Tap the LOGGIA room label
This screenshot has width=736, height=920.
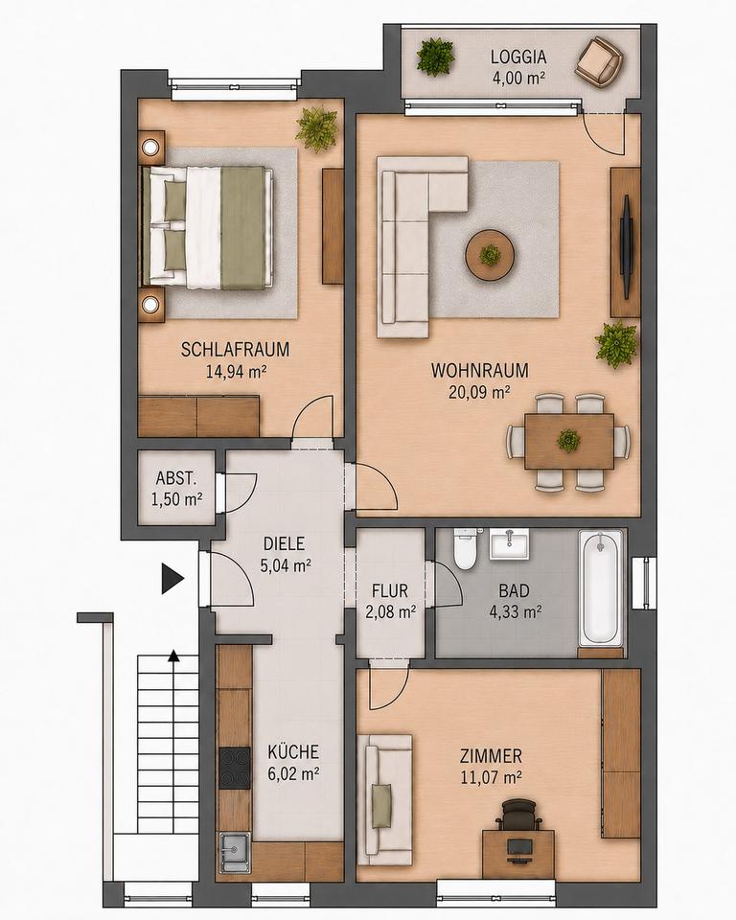[x=518, y=57]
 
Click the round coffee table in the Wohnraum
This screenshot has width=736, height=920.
[x=490, y=255]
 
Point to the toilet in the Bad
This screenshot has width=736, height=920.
[x=466, y=548]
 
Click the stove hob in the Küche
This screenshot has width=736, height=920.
[x=234, y=768]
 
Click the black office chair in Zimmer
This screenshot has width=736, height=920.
[x=519, y=815]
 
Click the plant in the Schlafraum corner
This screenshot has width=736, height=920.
[x=318, y=127]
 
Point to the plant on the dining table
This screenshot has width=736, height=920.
[x=568, y=440]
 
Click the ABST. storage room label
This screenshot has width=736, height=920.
[x=175, y=478]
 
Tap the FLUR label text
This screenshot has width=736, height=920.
[x=390, y=589]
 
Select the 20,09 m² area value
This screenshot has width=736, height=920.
[x=479, y=392]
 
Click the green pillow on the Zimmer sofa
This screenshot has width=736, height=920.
[x=381, y=806]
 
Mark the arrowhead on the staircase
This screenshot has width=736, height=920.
[x=173, y=655]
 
